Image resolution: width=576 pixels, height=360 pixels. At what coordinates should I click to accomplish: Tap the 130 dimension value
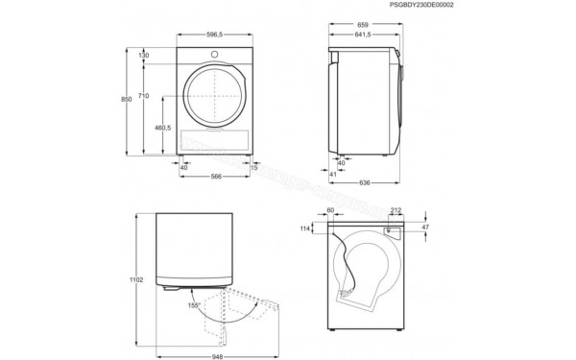pyautogui.click(x=144, y=56)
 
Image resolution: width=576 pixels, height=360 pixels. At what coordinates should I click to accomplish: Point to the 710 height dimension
pyautogui.click(x=144, y=96)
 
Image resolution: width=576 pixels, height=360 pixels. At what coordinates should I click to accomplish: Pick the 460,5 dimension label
pyautogui.click(x=162, y=127)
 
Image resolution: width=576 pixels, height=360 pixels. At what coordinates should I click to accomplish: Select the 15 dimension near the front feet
pyautogui.click(x=267, y=166)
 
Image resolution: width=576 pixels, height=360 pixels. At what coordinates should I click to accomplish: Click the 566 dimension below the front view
pyautogui.click(x=217, y=176)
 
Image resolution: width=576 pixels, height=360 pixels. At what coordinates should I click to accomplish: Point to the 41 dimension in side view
pyautogui.click(x=333, y=174)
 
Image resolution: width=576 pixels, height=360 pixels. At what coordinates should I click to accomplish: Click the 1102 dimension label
pyautogui.click(x=136, y=280)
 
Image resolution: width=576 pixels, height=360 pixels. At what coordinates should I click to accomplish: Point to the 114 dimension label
pyautogui.click(x=306, y=228)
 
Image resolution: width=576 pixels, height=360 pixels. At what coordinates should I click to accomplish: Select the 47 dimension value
pyautogui.click(x=424, y=228)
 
